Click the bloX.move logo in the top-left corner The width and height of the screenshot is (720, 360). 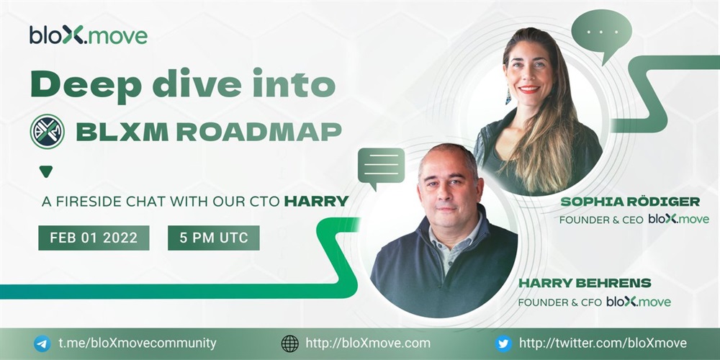[88, 35]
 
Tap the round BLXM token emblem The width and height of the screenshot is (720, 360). [48, 132]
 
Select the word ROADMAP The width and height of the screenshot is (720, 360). [259, 132]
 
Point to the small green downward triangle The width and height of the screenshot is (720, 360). [46, 171]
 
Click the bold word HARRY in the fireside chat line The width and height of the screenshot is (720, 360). [316, 201]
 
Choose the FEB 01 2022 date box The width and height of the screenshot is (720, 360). [94, 238]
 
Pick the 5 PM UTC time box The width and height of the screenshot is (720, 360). [214, 238]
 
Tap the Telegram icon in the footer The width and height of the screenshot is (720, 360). [42, 343]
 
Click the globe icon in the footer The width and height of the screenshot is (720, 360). [289, 343]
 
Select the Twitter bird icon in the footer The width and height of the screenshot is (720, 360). [503, 343]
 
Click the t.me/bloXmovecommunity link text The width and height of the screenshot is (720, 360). [138, 343]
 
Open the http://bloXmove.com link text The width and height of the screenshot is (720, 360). [368, 343]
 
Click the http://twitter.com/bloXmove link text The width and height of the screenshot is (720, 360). [603, 343]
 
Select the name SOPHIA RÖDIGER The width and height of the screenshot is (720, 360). [630, 202]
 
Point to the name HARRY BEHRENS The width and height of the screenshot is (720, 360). [585, 283]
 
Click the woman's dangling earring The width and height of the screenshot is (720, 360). [508, 96]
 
